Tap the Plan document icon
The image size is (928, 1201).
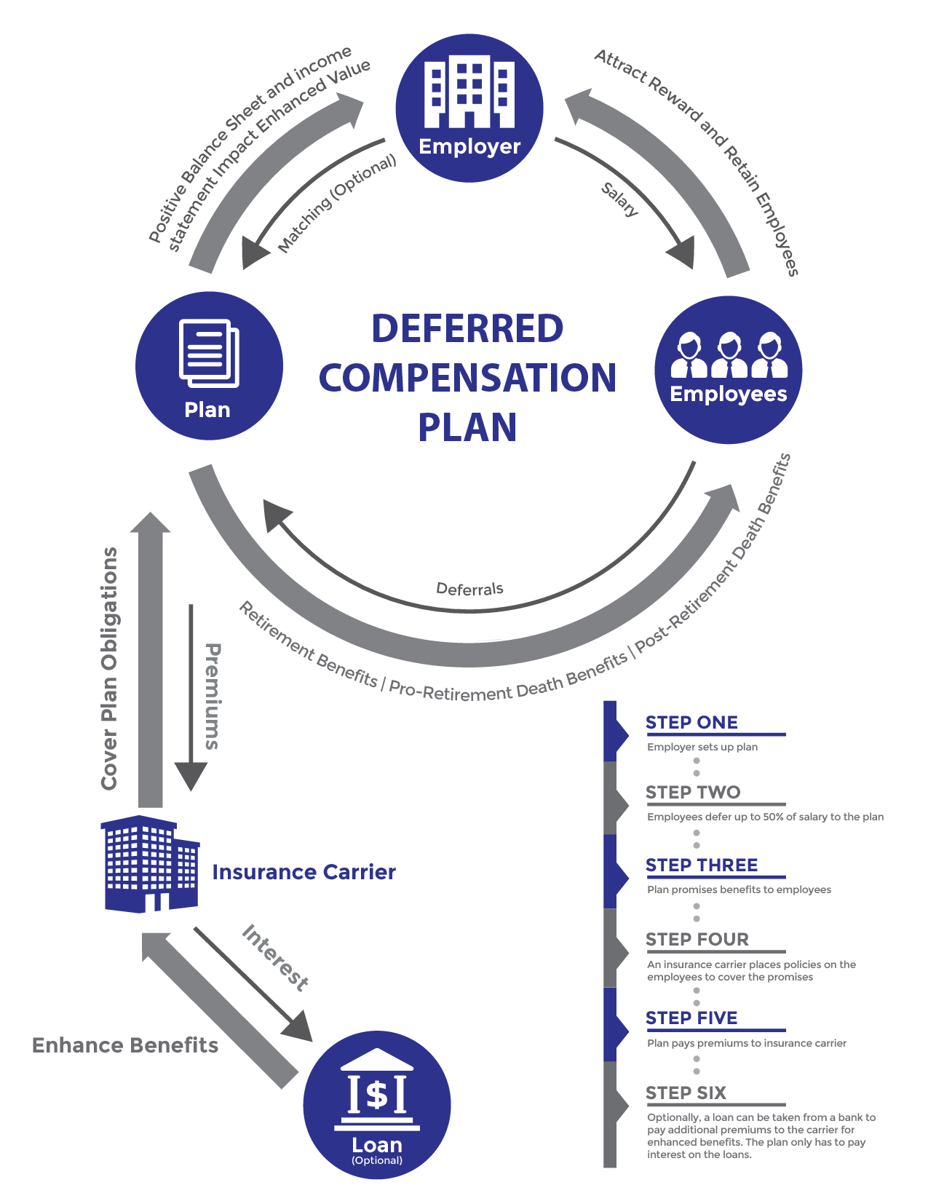[210, 354]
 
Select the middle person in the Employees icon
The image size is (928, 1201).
[729, 355]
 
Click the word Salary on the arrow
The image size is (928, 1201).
[620, 199]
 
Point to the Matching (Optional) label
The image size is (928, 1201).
[337, 205]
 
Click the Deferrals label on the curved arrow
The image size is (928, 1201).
[469, 589]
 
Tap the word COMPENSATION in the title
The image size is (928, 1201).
[467, 378]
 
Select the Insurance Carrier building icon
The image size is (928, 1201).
[149, 864]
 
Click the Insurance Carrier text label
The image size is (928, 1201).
[304, 872]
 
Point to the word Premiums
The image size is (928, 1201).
[212, 696]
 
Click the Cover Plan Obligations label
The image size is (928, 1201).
[109, 668]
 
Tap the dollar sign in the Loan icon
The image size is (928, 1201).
[377, 1094]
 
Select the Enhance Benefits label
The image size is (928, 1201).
[125, 1045]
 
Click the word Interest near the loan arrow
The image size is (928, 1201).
[275, 957]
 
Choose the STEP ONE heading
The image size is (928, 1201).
[691, 723]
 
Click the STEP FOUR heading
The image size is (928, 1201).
[697, 940]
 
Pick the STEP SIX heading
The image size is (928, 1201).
[686, 1093]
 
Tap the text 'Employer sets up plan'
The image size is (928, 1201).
[702, 747]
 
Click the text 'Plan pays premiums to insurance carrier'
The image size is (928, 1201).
[747, 1043]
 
